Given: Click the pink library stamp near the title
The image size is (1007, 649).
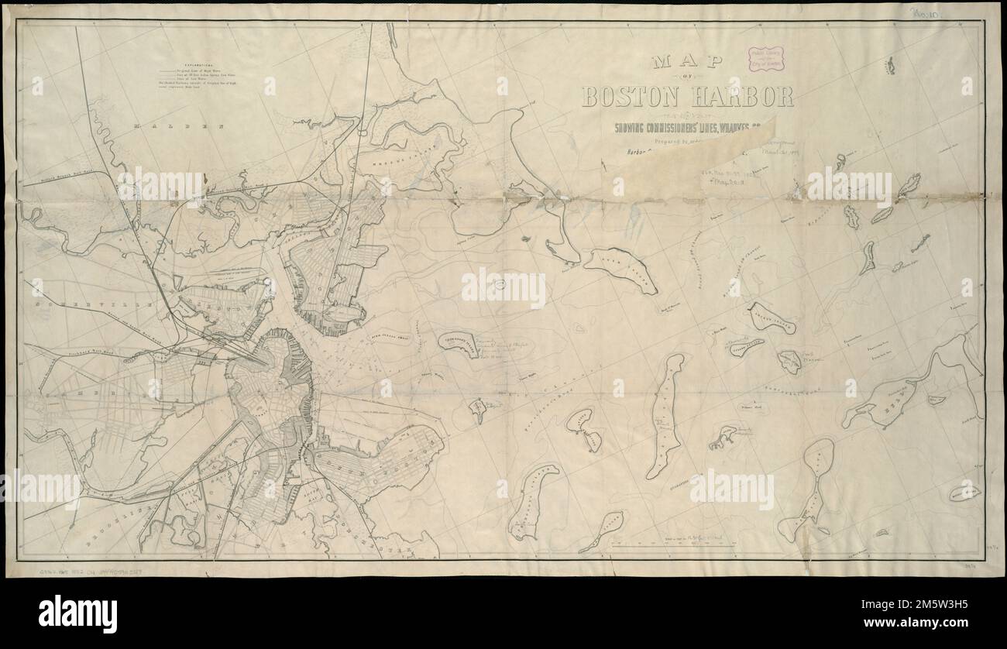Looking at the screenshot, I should click(765, 59).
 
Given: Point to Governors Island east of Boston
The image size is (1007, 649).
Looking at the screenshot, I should click(459, 343).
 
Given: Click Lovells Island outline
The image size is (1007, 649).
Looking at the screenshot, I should click(772, 318).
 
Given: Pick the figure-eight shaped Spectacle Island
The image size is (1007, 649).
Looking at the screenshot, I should click(584, 429).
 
